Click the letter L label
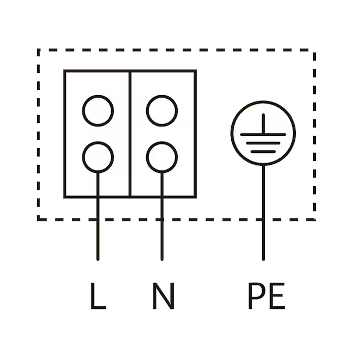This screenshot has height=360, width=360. click(x=98, y=296)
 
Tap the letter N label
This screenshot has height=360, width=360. click(x=163, y=296)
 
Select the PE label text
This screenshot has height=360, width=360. click(x=267, y=296)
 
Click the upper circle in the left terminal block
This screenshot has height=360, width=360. click(x=98, y=111)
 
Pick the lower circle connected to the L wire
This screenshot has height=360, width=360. click(x=98, y=157)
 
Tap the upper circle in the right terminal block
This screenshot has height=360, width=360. click(x=162, y=111)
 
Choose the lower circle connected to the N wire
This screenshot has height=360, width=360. click(x=162, y=157)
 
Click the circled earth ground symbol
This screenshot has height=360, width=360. click(x=263, y=133)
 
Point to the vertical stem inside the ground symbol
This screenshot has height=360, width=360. click(x=263, y=123)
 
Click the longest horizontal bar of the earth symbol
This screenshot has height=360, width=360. click(x=263, y=134)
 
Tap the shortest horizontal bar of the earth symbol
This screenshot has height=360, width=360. click(x=263, y=152)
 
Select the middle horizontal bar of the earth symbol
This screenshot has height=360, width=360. click(x=263, y=143)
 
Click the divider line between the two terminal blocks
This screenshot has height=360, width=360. click(x=130, y=134)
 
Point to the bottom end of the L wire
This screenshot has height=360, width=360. click(x=98, y=260)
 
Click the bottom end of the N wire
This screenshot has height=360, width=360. click(x=162, y=260)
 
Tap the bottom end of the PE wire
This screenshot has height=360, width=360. click(x=263, y=260)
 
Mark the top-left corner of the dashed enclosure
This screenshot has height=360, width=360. click(x=38, y=50)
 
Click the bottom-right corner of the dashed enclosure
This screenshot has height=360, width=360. click(x=314, y=220)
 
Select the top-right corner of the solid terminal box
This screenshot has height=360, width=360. click(x=195, y=71)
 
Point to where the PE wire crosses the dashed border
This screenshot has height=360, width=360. click(x=263, y=220)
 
